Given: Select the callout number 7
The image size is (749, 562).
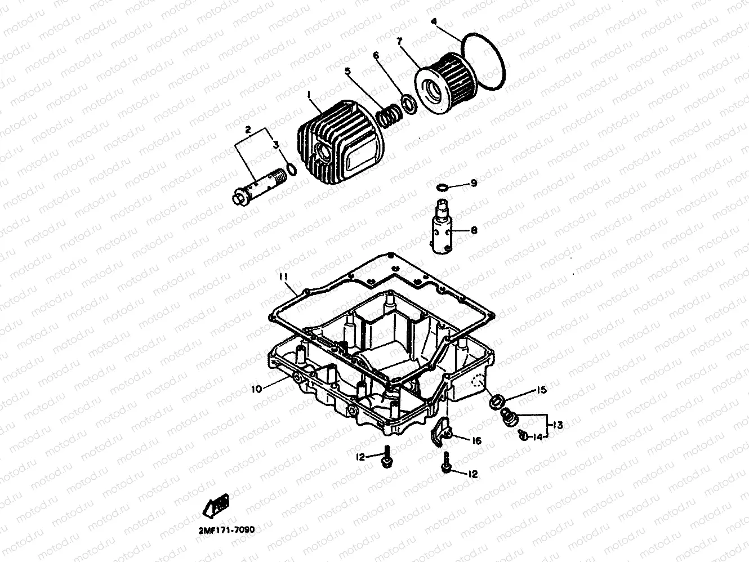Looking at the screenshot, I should click(x=399, y=42).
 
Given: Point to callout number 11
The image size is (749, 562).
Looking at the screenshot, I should click(x=283, y=276).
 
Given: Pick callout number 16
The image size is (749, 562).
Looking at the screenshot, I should click(x=476, y=441).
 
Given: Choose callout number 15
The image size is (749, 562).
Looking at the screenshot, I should click(x=541, y=389).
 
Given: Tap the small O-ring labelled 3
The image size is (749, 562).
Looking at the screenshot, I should click(x=290, y=168).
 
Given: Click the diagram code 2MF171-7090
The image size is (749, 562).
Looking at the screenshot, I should click(x=226, y=529).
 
